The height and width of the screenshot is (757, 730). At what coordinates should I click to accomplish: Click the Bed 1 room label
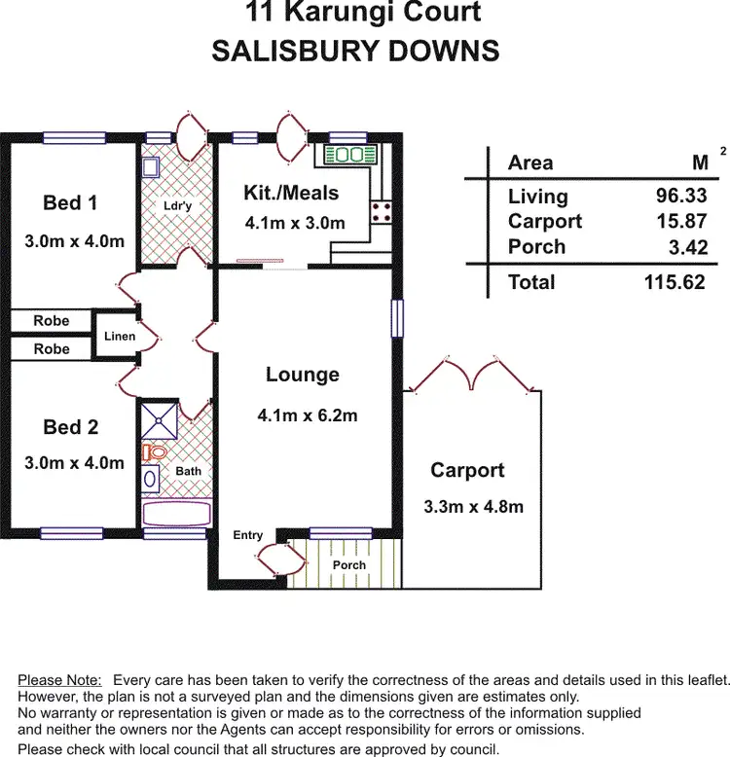(70, 203)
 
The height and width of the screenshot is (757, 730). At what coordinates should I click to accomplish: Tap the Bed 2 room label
(70, 427)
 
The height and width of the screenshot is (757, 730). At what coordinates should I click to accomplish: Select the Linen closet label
(119, 337)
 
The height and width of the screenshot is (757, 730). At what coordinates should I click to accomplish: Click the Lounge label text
(303, 376)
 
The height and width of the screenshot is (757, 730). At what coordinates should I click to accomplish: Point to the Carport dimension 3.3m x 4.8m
(473, 507)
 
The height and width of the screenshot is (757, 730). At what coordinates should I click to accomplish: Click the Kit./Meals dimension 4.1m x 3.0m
(295, 223)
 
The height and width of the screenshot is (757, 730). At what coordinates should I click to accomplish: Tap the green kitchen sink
(349, 155)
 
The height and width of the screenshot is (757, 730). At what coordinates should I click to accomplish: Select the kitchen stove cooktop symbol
(380, 211)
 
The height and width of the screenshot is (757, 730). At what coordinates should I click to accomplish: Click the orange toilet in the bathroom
(155, 452)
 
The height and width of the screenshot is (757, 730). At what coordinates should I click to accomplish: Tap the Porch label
(349, 565)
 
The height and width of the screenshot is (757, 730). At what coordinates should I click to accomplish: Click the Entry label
(248, 535)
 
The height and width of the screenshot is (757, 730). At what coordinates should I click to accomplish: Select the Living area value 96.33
(681, 197)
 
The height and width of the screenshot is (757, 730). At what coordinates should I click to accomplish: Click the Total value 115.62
(674, 282)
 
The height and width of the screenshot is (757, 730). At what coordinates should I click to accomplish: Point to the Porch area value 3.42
(688, 247)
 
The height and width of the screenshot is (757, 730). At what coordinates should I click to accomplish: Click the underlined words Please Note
(59, 679)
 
